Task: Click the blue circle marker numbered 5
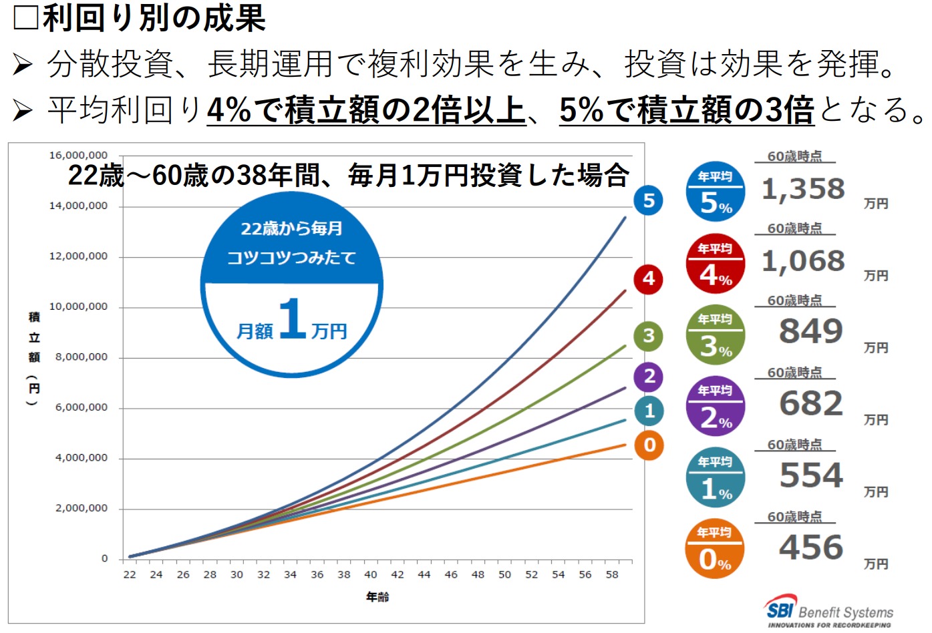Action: point(649,200)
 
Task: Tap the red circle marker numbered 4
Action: point(649,278)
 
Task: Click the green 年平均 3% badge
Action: point(716,335)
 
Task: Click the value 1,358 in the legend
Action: point(803,190)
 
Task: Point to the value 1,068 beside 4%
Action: point(803,261)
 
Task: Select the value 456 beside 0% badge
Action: point(811,548)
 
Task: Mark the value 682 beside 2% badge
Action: point(811,403)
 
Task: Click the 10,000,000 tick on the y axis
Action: point(78,306)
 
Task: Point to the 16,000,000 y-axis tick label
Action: point(78,155)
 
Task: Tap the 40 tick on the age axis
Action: point(370,574)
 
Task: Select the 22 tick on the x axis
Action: point(130,574)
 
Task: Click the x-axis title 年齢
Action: point(377,597)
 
